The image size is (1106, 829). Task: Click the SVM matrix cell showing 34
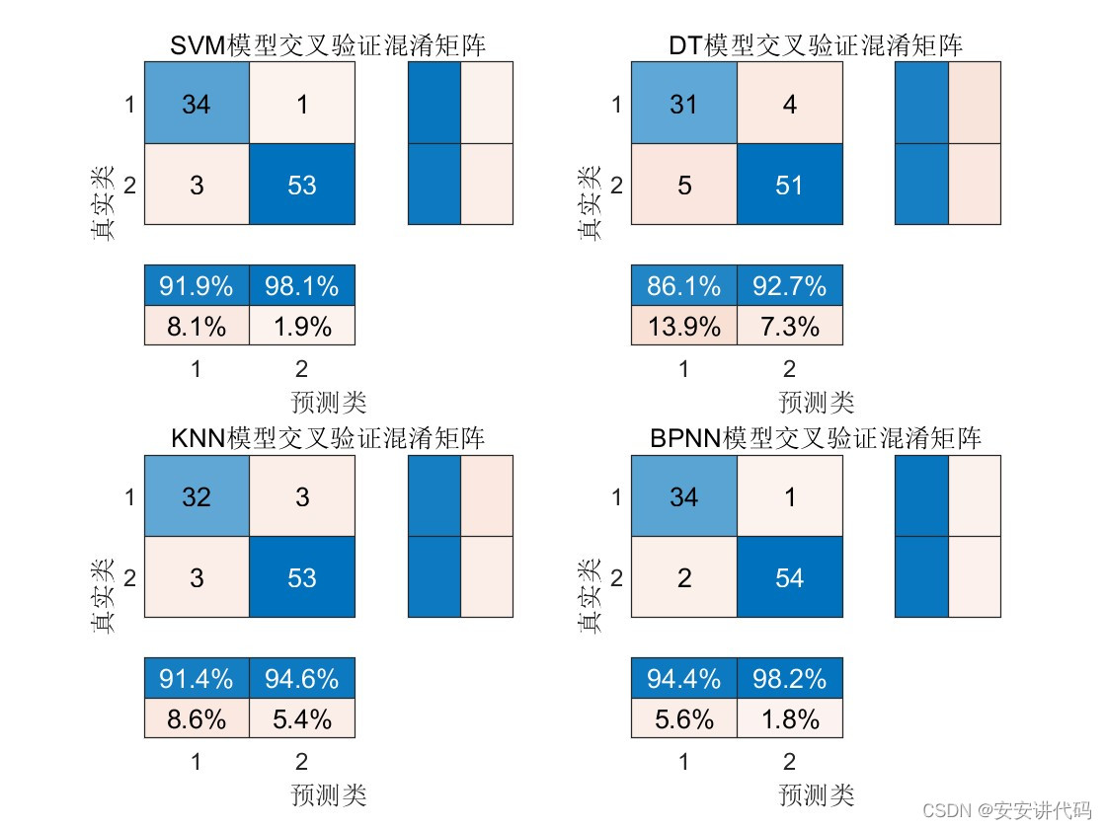(197, 104)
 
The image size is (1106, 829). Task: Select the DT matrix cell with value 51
(789, 185)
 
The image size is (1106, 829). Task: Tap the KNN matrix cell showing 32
(197, 496)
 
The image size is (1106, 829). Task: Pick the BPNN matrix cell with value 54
(789, 577)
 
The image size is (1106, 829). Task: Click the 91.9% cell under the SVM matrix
(197, 285)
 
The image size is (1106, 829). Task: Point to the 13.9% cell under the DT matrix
(683, 326)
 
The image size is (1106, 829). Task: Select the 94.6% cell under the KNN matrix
(301, 678)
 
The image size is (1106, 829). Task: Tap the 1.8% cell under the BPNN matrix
(789, 718)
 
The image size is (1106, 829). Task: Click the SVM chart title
(328, 45)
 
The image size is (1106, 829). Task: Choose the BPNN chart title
(816, 438)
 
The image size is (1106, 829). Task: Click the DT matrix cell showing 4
(789, 104)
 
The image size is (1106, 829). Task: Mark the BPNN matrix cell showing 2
(683, 577)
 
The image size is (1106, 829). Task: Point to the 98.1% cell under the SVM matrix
(301, 285)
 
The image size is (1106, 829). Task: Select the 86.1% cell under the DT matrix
(683, 285)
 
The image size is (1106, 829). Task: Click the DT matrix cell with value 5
(683, 185)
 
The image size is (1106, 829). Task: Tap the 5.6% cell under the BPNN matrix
(683, 718)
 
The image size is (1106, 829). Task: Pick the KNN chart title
(328, 438)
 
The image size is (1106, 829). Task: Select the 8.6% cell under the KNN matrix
(197, 718)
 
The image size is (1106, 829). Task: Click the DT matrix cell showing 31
(683, 104)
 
